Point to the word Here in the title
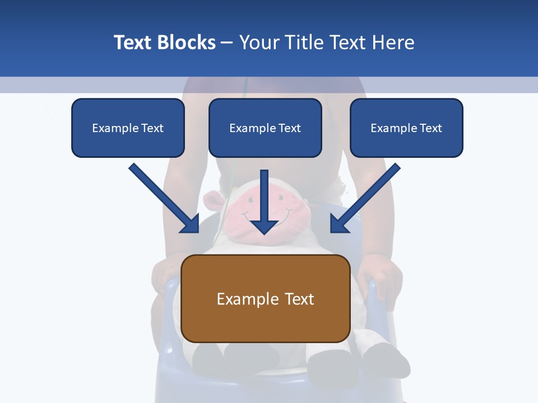click(x=393, y=43)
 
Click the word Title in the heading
click(x=306, y=43)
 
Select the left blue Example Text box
click(x=128, y=128)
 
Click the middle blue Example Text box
click(x=265, y=128)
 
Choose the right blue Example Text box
click(x=406, y=128)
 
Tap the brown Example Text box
click(x=266, y=299)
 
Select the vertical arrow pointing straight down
click(x=264, y=201)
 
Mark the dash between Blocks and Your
click(x=227, y=43)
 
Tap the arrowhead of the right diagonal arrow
click(x=338, y=224)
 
